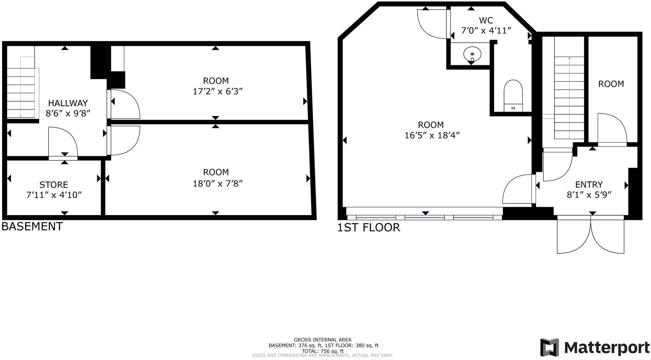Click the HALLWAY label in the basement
68,103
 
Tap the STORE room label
54,185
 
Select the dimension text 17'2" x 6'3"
216,91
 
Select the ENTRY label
589,184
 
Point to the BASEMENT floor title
32,226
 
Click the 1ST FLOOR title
368,227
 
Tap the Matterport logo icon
549,347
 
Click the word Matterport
607,348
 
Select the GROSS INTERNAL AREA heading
322,340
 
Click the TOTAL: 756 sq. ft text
322,351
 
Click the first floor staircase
569,98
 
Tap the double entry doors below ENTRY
591,235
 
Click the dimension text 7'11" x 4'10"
54,195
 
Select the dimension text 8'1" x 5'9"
589,195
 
